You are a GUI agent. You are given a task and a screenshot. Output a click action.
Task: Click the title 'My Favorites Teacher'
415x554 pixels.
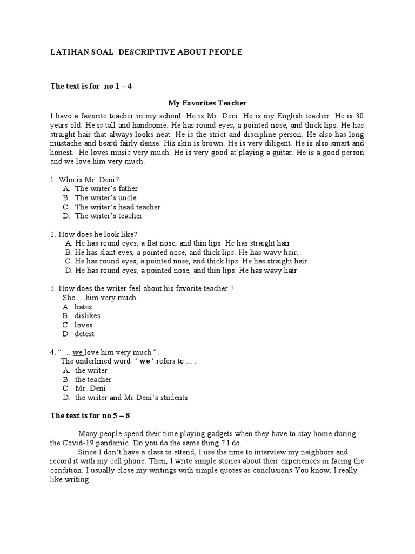coord(207,103)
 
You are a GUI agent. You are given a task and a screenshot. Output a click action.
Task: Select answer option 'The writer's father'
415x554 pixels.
coord(106,189)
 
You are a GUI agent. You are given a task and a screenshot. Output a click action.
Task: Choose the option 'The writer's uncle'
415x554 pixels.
coord(105,198)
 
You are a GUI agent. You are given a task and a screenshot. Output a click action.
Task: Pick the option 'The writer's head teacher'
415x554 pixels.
coord(117,207)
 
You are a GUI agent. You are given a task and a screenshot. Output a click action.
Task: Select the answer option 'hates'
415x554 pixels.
coord(83,307)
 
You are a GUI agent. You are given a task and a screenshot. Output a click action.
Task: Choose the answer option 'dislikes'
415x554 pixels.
coord(87,316)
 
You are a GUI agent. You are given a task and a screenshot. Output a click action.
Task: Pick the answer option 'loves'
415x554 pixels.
coord(83,325)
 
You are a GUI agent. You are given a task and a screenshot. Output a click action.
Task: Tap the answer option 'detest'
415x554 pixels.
coord(84,334)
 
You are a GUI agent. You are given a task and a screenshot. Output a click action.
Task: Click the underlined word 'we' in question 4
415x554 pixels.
coord(78,352)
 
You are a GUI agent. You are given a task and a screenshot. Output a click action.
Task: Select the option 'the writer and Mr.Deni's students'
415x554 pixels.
coord(131,398)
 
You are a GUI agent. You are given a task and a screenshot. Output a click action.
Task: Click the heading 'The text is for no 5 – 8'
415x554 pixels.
coord(90,415)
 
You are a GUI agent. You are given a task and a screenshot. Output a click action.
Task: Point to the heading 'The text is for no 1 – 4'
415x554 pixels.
coord(91,86)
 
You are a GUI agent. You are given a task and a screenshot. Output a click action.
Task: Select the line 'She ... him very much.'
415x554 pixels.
coord(100,298)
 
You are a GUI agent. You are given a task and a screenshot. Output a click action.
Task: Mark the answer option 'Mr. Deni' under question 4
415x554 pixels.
coord(90,388)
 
